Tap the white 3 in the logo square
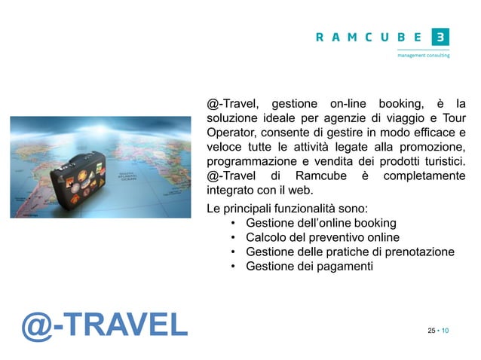pyautogui.click(x=440, y=37)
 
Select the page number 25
pyautogui.click(x=431, y=331)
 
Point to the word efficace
pyautogui.click(x=430, y=132)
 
